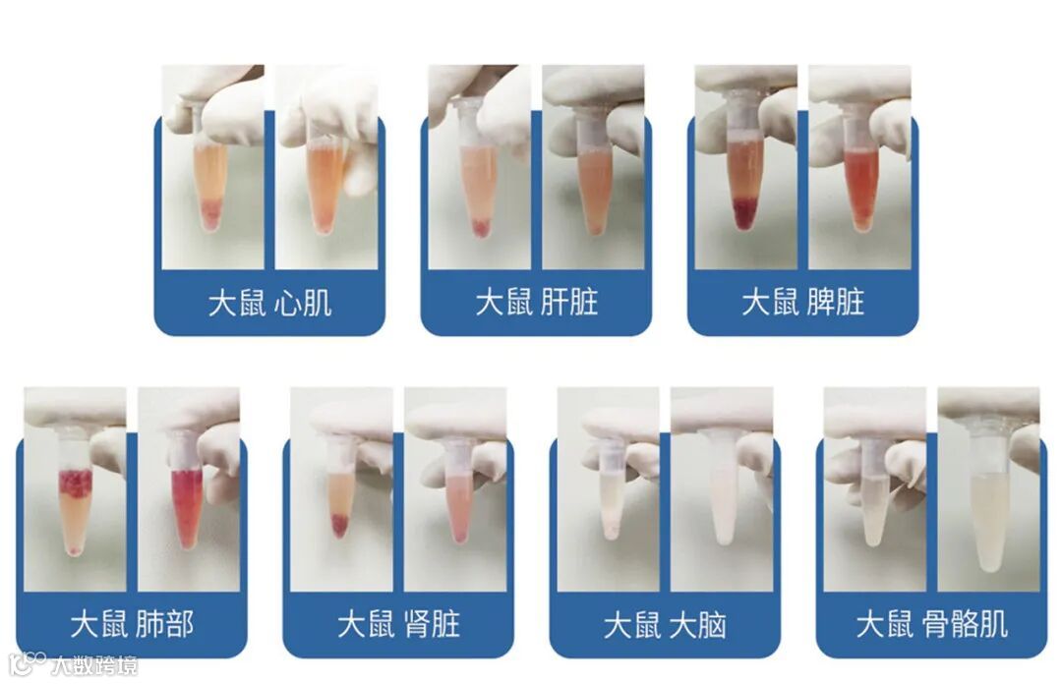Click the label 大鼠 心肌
pyautogui.click(x=269, y=302)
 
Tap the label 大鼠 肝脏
pyautogui.click(x=537, y=302)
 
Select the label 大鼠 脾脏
pyautogui.click(x=802, y=302)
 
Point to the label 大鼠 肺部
pyautogui.click(x=132, y=624)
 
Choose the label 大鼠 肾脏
pyautogui.click(x=399, y=624)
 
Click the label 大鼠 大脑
pyautogui.click(x=665, y=624)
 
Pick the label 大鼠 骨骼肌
pyautogui.click(x=932, y=624)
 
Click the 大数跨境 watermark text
pyautogui.click(x=94, y=665)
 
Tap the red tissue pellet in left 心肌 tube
pyautogui.click(x=210, y=213)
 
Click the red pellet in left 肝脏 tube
pyautogui.click(x=480, y=228)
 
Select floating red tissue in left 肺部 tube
pyautogui.click(x=75, y=483)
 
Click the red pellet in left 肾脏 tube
pyautogui.click(x=338, y=525)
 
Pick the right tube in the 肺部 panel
pyautogui.click(x=187, y=491)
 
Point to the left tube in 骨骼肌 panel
pyautogui.click(x=875, y=493)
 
